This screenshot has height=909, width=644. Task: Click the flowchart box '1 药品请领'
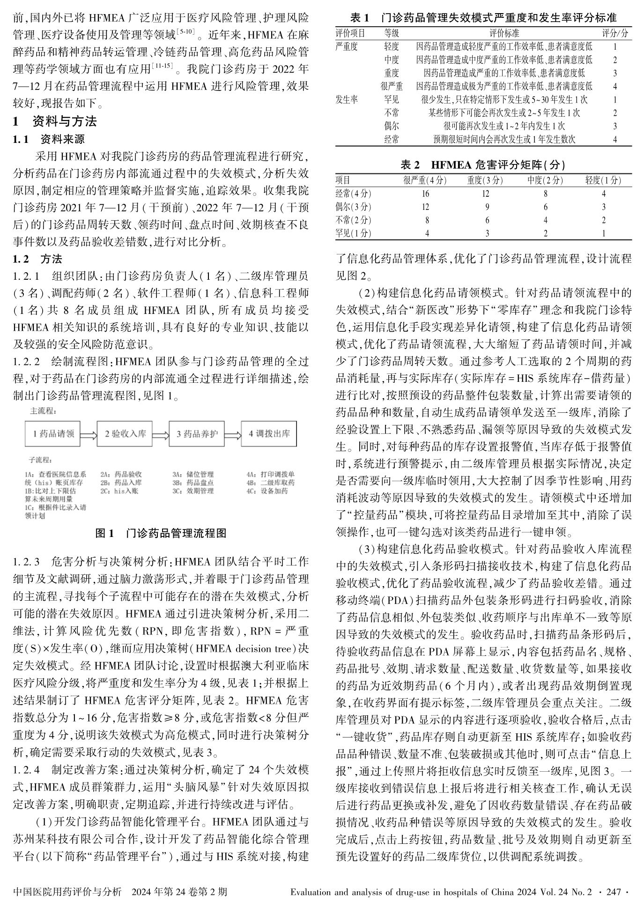point(53,433)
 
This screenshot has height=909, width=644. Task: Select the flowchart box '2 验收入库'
point(125,433)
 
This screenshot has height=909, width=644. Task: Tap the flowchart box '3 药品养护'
point(197,433)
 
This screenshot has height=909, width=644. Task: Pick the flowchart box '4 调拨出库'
point(269,433)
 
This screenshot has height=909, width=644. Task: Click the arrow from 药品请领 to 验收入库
point(89,434)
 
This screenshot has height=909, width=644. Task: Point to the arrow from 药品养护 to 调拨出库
point(233,434)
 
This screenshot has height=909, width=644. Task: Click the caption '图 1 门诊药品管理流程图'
point(161,533)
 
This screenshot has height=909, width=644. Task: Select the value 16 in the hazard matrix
point(425,194)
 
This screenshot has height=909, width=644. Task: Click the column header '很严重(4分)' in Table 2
point(425,180)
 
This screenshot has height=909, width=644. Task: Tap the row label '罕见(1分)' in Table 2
point(354,233)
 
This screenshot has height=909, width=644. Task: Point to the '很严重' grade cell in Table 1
point(392,86)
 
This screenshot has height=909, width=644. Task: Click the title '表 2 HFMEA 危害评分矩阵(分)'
point(483,165)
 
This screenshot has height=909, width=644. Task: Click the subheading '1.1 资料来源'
point(49,139)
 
